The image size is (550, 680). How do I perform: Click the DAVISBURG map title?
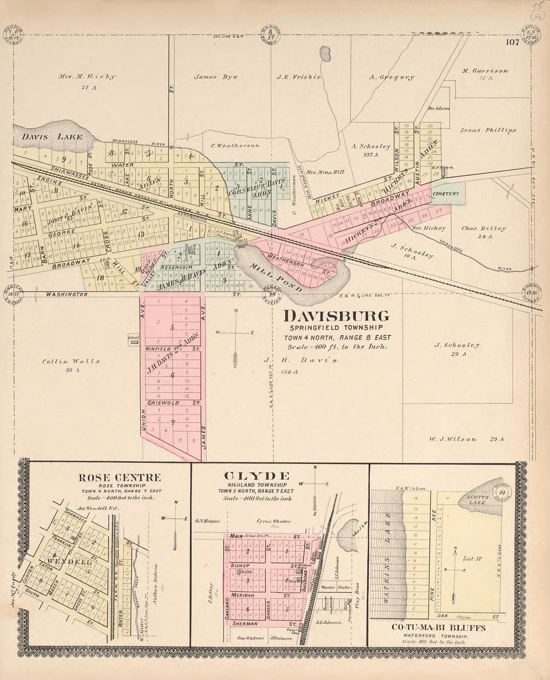pyautogui.click(x=336, y=316)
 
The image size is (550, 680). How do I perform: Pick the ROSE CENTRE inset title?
pyautogui.click(x=119, y=477)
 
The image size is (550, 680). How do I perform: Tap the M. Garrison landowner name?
pyautogui.click(x=485, y=71)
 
